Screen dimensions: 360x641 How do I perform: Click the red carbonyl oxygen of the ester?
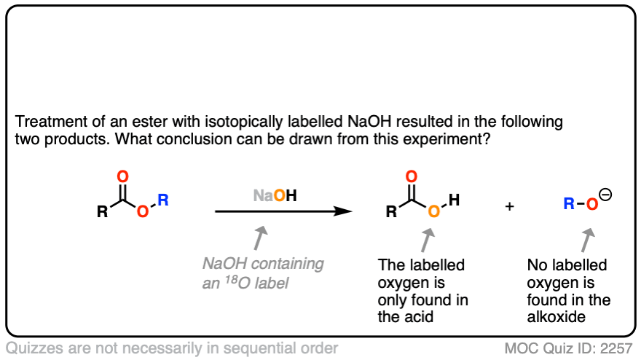click(x=122, y=176)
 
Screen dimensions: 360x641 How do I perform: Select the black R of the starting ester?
click(x=103, y=213)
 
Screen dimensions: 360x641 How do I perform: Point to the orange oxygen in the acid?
click(x=433, y=212)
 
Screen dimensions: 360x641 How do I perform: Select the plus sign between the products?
click(x=509, y=206)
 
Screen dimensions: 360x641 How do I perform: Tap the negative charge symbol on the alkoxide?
click(x=606, y=195)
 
